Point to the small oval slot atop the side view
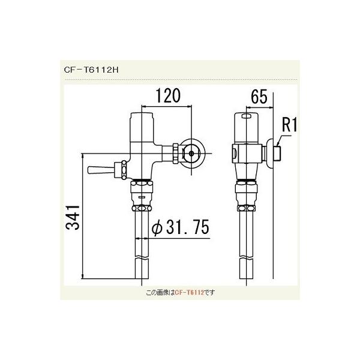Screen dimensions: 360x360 247,117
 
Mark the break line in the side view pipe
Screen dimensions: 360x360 247,257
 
